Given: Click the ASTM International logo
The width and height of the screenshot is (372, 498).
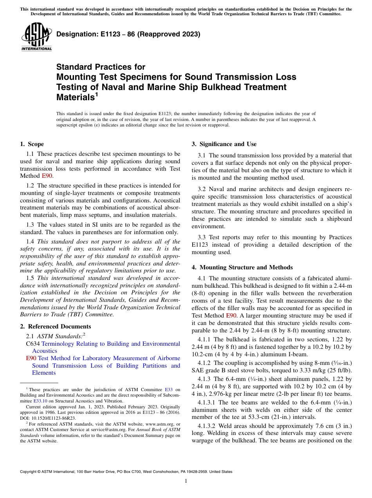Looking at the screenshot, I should tap(36, 37).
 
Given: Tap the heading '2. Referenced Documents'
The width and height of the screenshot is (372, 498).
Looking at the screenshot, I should tap(56, 327).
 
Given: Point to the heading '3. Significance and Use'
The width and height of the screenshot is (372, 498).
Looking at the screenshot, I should tap(224, 144).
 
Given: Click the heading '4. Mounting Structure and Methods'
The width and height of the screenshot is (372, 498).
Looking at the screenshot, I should tap(242, 267).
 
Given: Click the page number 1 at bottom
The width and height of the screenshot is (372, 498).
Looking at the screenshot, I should tap(186, 481).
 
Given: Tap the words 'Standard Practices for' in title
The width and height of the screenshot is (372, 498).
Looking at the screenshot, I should tap(101, 67).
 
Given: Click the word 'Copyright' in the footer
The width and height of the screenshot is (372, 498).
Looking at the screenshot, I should tap(30, 472).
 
